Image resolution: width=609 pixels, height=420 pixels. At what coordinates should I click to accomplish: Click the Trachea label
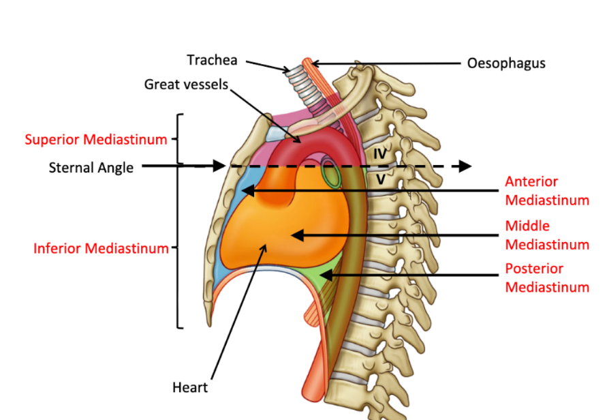pos(213,60)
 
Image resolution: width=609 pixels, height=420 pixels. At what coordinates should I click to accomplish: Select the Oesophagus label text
pos(505,63)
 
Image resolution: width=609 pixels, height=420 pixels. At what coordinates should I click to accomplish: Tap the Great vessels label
pos(185,85)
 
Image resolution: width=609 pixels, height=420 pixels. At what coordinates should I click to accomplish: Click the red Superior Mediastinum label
pos(96,139)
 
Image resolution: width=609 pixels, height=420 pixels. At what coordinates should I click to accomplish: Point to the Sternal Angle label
pos(91,167)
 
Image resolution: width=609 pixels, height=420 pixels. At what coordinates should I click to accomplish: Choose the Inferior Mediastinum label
pos(101,248)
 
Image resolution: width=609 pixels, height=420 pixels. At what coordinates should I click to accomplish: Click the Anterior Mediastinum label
pos(546,191)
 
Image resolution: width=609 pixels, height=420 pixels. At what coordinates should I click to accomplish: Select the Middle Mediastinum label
pos(546,235)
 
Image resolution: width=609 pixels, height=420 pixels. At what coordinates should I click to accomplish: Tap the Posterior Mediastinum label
pos(546,277)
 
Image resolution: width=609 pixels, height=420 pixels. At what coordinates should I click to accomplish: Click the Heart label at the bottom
pos(190,387)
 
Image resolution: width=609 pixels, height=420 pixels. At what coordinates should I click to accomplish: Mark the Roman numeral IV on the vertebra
pos(379,153)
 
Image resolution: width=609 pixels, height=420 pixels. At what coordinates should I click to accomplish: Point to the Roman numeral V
pos(379,178)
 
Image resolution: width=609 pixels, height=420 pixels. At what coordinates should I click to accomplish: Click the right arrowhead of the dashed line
pos(465,166)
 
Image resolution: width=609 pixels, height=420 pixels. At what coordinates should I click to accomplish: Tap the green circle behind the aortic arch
pos(333,175)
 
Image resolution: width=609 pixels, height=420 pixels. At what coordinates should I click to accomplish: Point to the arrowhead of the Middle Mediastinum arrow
pos(295,235)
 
